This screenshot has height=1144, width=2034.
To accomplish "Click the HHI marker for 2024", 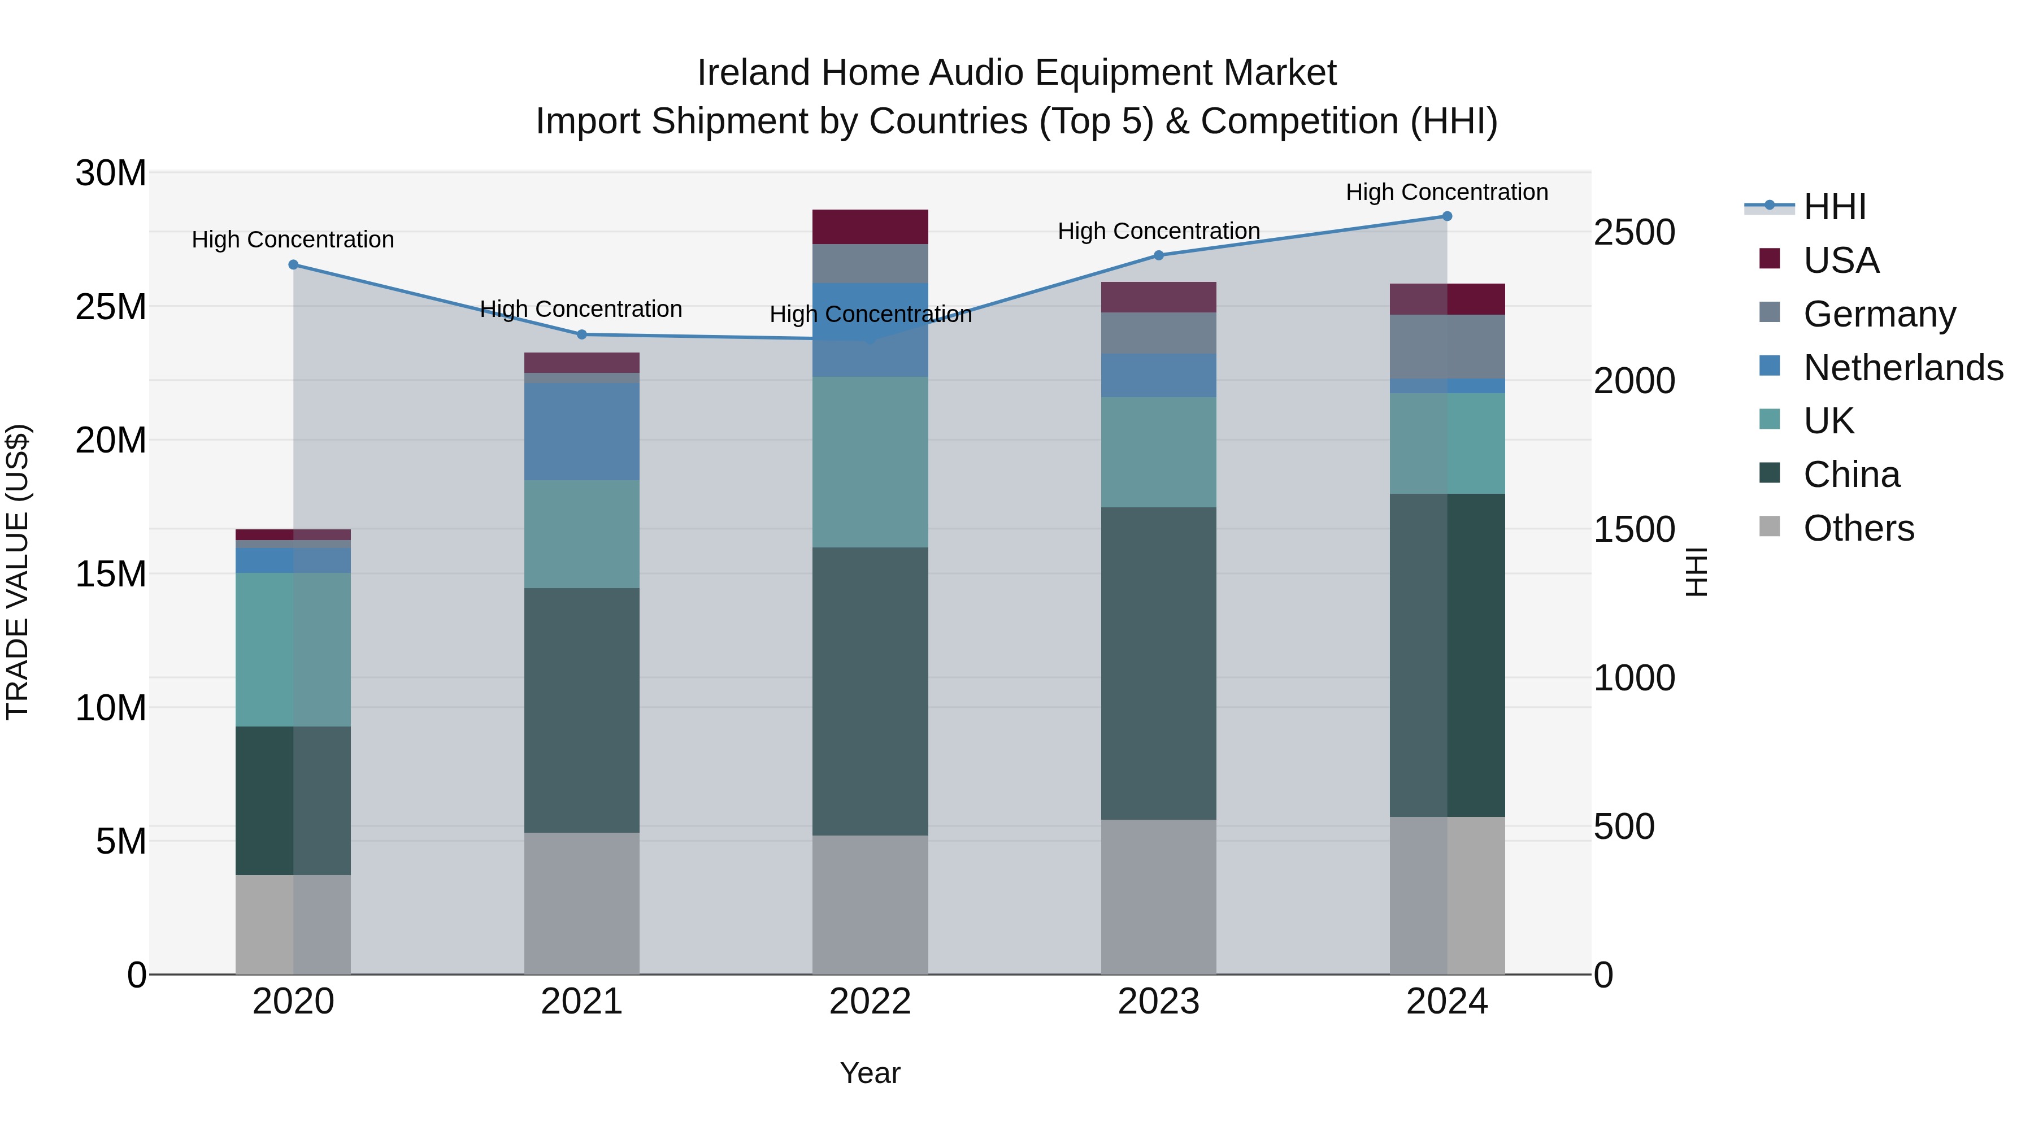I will pyautogui.click(x=1446, y=216).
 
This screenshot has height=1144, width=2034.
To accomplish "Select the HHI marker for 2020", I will pyautogui.click(x=293, y=264).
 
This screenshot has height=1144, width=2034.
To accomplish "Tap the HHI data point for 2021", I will pyautogui.click(x=582, y=335).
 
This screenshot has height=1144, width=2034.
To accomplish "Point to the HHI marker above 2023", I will pyautogui.click(x=1158, y=255).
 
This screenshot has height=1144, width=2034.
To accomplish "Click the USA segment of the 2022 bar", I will pyautogui.click(x=870, y=227).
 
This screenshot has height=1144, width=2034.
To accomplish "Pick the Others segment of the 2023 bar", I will pyautogui.click(x=1158, y=897).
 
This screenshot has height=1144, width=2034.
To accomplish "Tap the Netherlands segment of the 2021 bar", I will pyautogui.click(x=582, y=431).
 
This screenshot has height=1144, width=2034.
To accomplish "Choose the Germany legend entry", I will pyautogui.click(x=1879, y=314).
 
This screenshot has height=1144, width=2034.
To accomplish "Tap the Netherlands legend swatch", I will pyautogui.click(x=1770, y=366).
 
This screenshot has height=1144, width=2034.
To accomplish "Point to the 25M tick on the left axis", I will pyautogui.click(x=111, y=306).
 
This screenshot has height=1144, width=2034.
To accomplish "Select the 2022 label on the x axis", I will pyautogui.click(x=870, y=1002).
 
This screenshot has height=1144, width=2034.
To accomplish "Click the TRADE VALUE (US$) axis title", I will pyautogui.click(x=18, y=572).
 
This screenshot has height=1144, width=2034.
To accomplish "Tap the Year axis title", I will pyautogui.click(x=870, y=1073).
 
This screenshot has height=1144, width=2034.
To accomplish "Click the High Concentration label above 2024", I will pyautogui.click(x=1446, y=192).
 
